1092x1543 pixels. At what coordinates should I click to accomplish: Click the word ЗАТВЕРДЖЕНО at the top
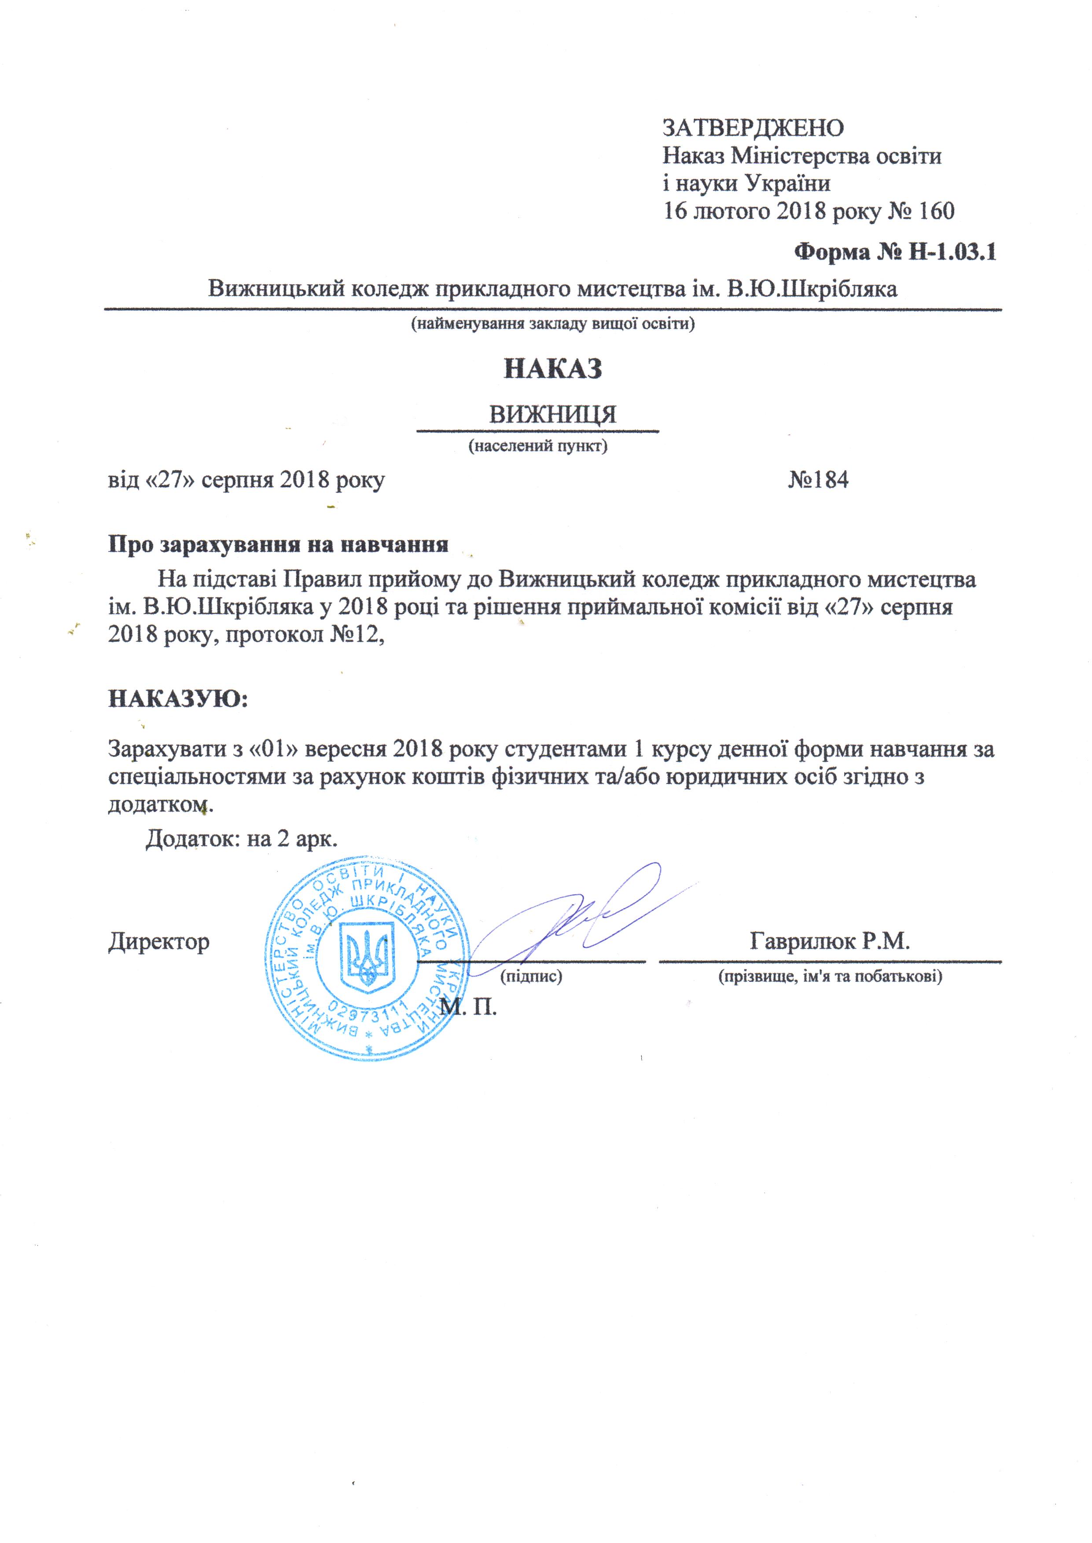click(x=753, y=127)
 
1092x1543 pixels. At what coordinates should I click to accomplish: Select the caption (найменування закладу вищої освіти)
click(x=553, y=324)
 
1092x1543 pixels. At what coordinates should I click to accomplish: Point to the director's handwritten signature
click(x=578, y=915)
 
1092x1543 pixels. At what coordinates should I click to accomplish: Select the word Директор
click(x=159, y=942)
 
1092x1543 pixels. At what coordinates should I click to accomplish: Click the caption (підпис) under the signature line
click(x=531, y=976)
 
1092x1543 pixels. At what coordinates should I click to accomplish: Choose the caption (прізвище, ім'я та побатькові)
click(x=831, y=976)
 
